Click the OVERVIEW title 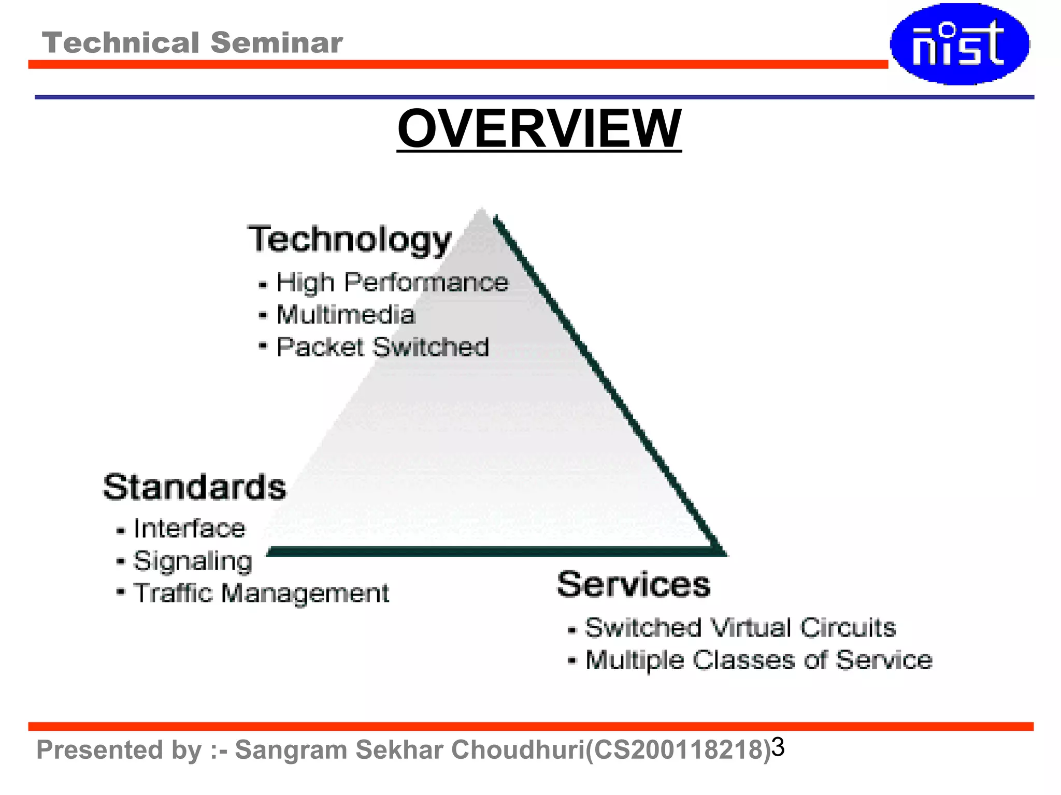tap(539, 128)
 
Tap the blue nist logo tap(959, 44)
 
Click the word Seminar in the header tap(277, 42)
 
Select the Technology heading tap(349, 239)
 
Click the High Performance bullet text tap(392, 283)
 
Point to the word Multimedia tap(346, 315)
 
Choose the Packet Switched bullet tap(382, 347)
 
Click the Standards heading tap(194, 487)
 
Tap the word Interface tap(189, 528)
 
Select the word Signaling tap(193, 561)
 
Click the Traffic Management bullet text tap(261, 593)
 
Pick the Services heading tap(634, 584)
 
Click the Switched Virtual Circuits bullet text tap(740, 628)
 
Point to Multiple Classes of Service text tap(758, 660)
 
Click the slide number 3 tap(778, 747)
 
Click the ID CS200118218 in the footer tap(678, 750)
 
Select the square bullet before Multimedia tap(263, 315)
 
